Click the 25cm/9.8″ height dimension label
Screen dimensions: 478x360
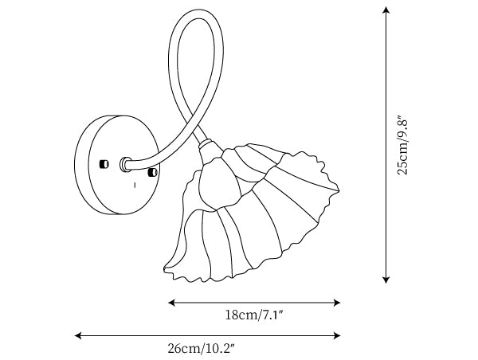pos(402,145)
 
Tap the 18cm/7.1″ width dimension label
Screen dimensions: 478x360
pos(254,315)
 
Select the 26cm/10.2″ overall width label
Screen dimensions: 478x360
pos(202,348)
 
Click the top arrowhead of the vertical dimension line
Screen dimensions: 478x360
pos(386,10)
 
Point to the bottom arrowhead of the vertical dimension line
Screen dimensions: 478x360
pos(386,280)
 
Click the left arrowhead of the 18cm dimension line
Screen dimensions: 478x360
pos(171,303)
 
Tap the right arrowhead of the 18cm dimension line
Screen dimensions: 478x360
pos(337,303)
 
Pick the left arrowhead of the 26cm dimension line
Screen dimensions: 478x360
pos(78,335)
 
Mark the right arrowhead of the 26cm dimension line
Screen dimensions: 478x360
pos(337,335)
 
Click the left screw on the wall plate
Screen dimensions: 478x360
pos(104,164)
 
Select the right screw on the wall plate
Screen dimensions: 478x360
pos(152,172)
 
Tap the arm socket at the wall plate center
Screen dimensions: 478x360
pos(125,165)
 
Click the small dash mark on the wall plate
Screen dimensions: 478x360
pos(135,185)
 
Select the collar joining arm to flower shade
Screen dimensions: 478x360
pos(206,144)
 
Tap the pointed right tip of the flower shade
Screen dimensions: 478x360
pos(338,190)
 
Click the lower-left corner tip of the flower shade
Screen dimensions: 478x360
pos(165,269)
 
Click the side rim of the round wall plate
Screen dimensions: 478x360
pos(82,165)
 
